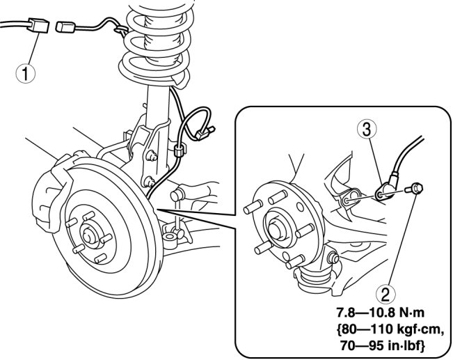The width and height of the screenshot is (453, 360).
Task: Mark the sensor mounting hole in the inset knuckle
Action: [347, 200]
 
